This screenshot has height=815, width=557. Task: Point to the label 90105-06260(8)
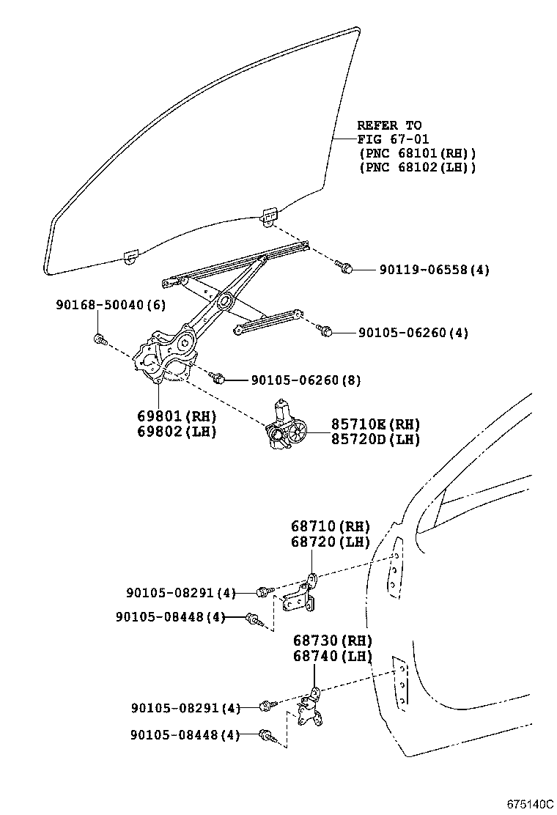click(306, 380)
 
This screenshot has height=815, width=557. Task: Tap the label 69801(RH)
click(177, 416)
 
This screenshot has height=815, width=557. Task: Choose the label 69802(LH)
click(177, 431)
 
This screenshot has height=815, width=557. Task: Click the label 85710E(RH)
click(375, 424)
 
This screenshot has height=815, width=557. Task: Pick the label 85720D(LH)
click(375, 440)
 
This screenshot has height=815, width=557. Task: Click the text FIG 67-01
click(393, 139)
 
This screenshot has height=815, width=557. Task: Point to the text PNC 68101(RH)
click(418, 153)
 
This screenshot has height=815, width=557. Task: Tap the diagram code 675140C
click(527, 804)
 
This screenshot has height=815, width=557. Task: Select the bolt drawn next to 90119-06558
click(345, 268)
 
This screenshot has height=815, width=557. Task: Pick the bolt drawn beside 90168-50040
click(100, 339)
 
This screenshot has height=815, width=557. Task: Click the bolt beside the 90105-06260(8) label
click(217, 378)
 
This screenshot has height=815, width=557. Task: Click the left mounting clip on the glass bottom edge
click(131, 257)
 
